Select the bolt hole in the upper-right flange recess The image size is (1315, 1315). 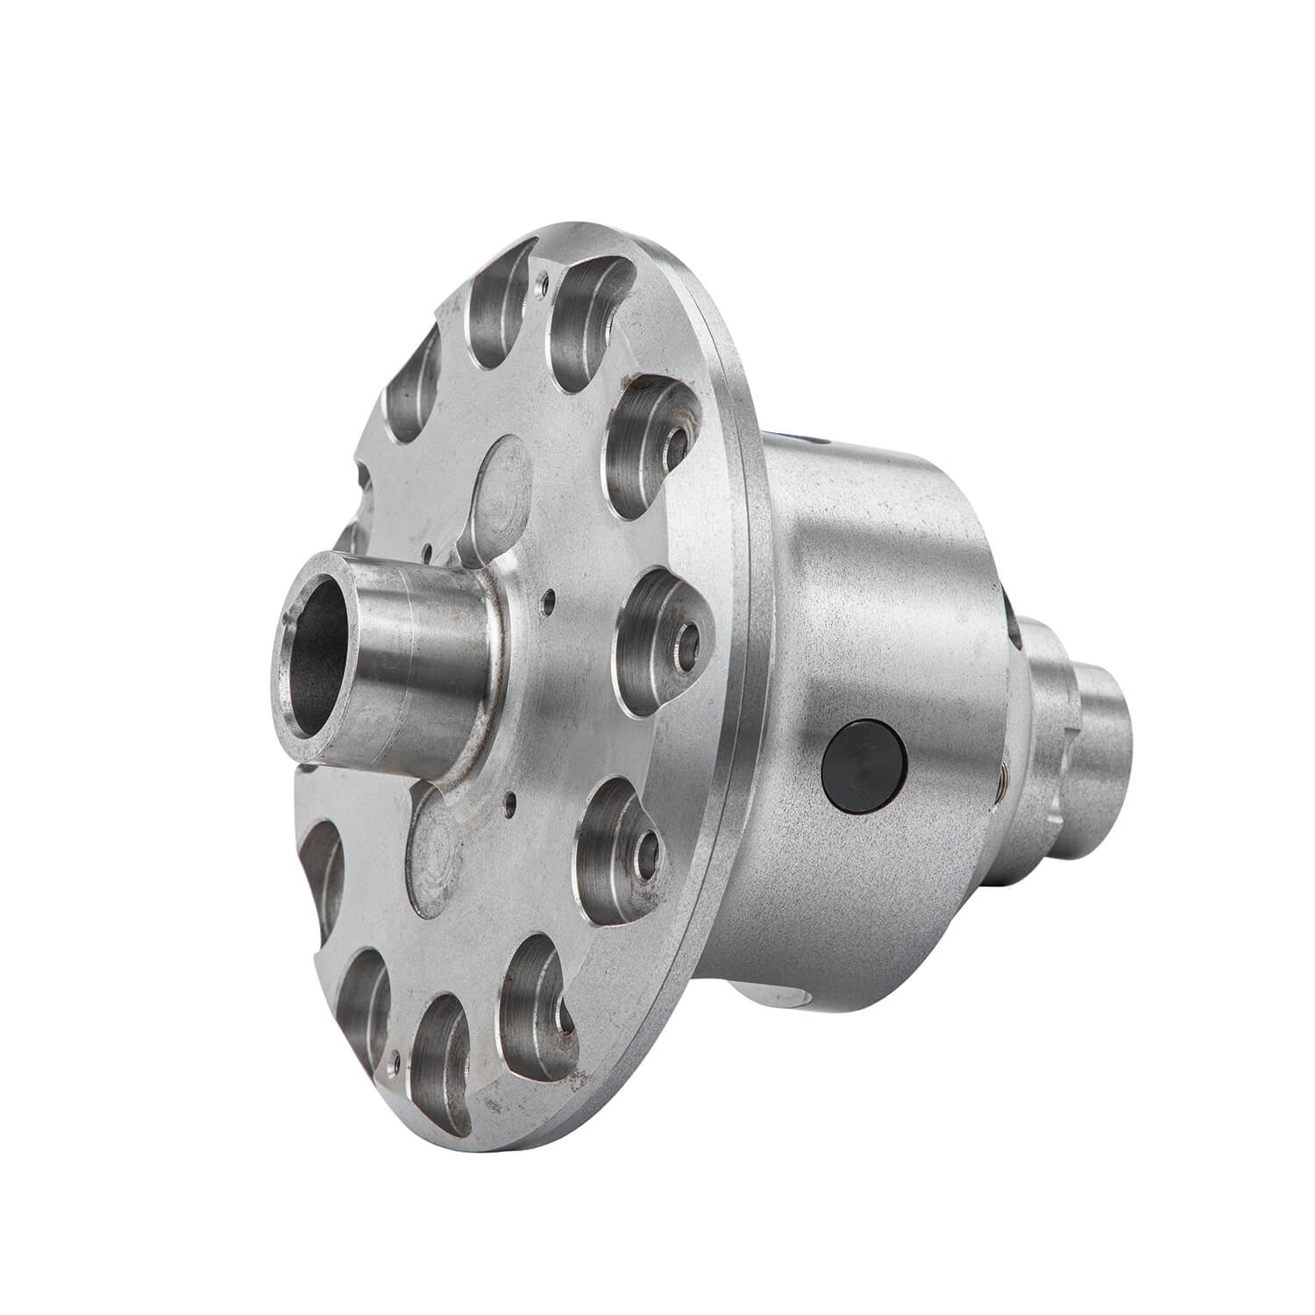coord(676,446)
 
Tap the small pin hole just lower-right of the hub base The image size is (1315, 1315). coord(508,800)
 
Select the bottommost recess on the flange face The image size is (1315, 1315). coord(438,1043)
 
